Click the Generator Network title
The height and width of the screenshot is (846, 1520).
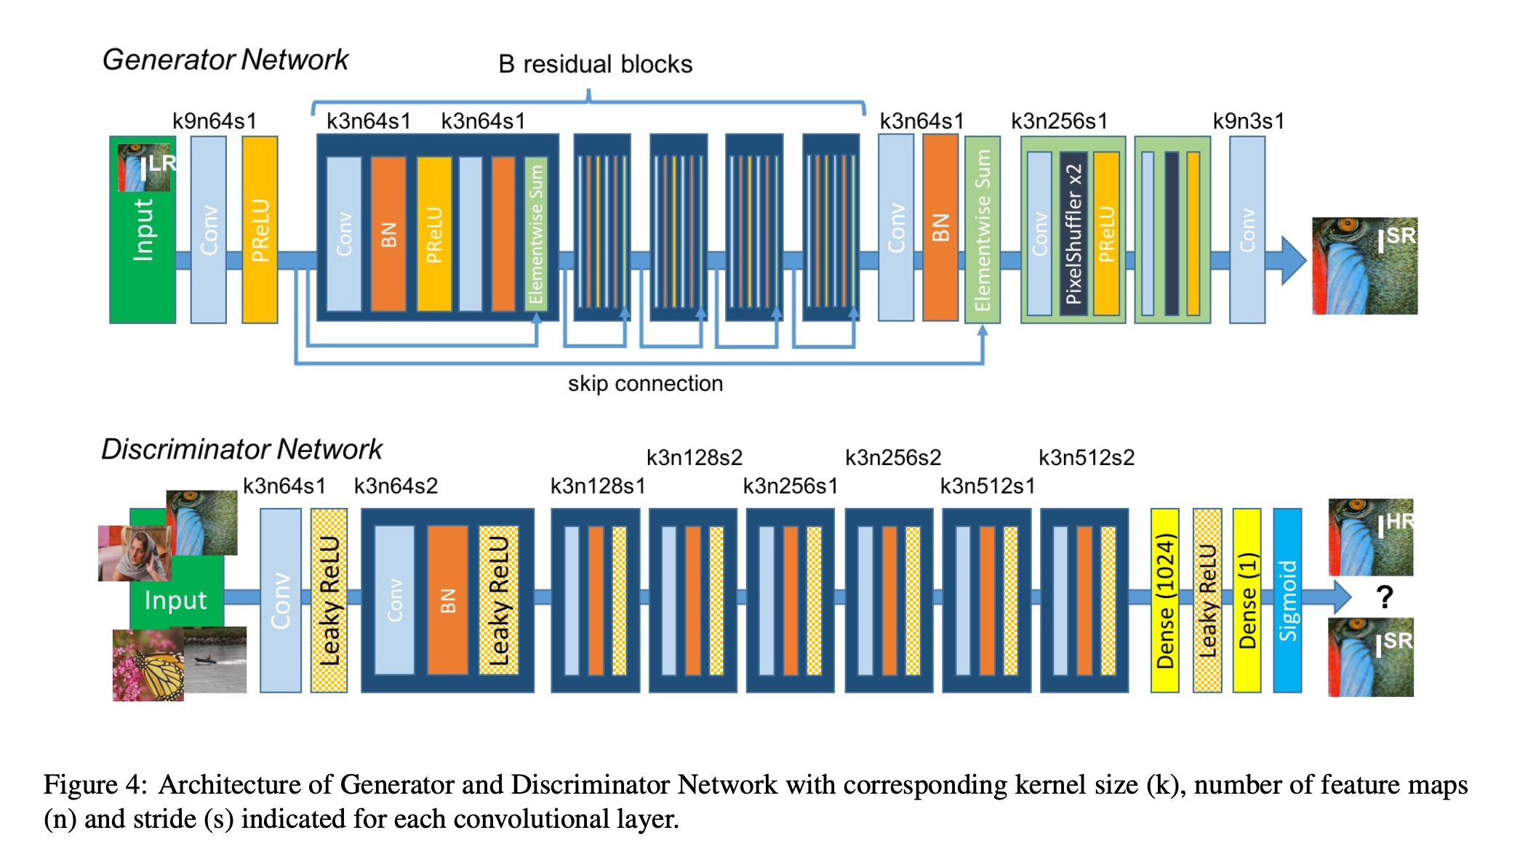click(225, 60)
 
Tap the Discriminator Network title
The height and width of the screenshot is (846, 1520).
click(241, 449)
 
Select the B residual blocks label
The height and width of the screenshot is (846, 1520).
click(595, 64)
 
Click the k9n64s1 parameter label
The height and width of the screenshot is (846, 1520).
click(215, 121)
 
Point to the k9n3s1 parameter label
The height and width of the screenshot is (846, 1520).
click(1249, 121)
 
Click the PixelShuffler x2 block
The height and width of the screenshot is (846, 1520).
click(1073, 233)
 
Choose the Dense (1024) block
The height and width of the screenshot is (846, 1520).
click(1164, 600)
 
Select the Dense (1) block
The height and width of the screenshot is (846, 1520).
click(1247, 600)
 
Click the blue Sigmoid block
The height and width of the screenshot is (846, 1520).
click(1287, 600)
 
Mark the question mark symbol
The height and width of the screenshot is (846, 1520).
click(1385, 597)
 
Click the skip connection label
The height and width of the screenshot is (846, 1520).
click(645, 383)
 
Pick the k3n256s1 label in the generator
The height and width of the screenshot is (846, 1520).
click(1059, 121)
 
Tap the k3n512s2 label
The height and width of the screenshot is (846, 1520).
click(1087, 457)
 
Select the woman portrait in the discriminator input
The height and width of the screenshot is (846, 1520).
click(136, 553)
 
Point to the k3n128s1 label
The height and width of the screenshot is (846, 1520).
click(598, 486)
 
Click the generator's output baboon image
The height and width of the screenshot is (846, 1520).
click(1364, 266)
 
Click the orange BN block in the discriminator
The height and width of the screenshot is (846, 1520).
click(447, 600)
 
